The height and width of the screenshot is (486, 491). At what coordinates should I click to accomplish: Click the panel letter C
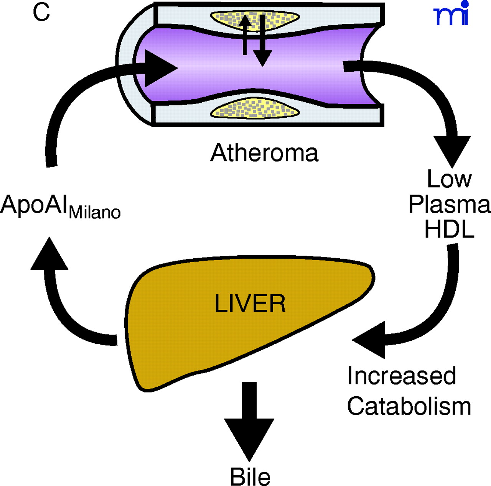click(x=41, y=12)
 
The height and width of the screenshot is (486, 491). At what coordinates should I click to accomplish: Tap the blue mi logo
click(x=451, y=15)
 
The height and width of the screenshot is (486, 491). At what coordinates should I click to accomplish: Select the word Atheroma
click(x=264, y=153)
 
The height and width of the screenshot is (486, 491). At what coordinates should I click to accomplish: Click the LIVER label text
click(x=250, y=304)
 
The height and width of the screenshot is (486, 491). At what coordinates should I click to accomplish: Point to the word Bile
click(x=250, y=477)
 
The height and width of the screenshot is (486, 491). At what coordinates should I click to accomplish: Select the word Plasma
click(x=449, y=204)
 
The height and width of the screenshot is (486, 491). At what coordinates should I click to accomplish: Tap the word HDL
click(x=449, y=230)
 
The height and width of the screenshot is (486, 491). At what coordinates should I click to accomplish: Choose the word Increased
click(x=402, y=376)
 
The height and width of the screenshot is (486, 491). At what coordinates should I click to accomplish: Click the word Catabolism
click(x=409, y=406)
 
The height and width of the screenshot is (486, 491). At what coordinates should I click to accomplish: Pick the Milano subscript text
click(x=95, y=212)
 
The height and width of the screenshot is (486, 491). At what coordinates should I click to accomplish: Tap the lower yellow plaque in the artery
click(x=255, y=109)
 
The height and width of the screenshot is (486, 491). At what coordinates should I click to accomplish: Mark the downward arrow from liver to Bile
click(x=249, y=422)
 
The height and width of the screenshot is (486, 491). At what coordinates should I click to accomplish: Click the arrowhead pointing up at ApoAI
click(x=49, y=254)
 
